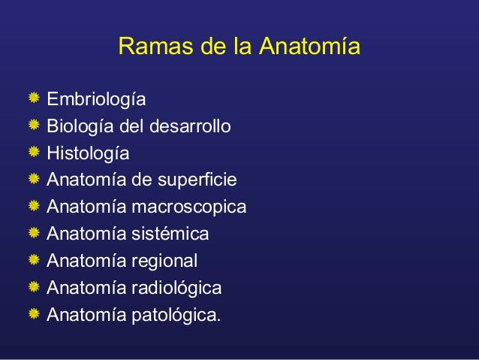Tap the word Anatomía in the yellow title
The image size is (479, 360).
click(x=309, y=47)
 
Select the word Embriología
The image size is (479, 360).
click(x=96, y=99)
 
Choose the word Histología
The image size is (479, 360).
click(x=88, y=153)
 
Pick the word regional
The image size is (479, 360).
click(x=163, y=261)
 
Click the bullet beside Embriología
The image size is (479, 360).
click(x=34, y=98)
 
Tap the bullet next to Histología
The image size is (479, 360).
click(x=34, y=153)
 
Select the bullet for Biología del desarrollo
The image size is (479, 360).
click(x=34, y=126)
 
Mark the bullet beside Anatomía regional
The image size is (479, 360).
click(x=34, y=260)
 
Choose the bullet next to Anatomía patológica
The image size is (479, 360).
click(x=34, y=314)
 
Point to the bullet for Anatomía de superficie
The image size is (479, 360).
click(x=34, y=180)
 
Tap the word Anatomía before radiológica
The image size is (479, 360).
click(x=81, y=288)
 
